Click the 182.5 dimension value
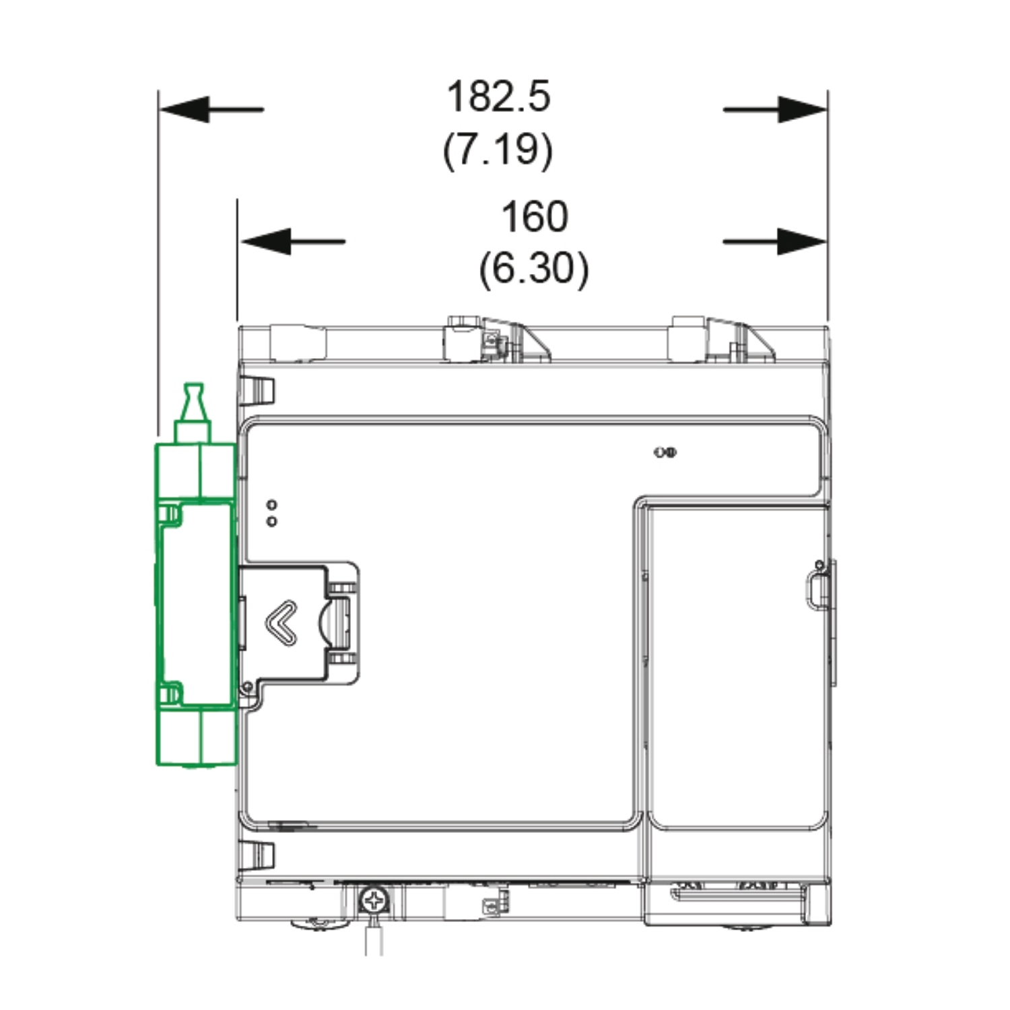(x=498, y=96)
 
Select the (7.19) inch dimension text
(x=498, y=149)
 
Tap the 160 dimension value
(x=535, y=216)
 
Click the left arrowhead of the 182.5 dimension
(x=184, y=109)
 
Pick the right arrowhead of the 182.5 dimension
(x=803, y=109)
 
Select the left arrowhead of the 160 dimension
(x=265, y=241)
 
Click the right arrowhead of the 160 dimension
(x=803, y=241)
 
